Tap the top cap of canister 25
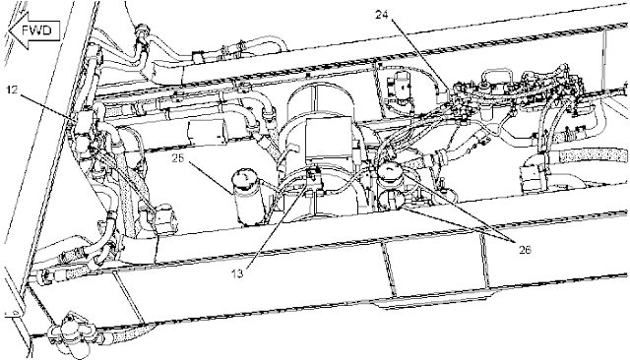tap(246, 178)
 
